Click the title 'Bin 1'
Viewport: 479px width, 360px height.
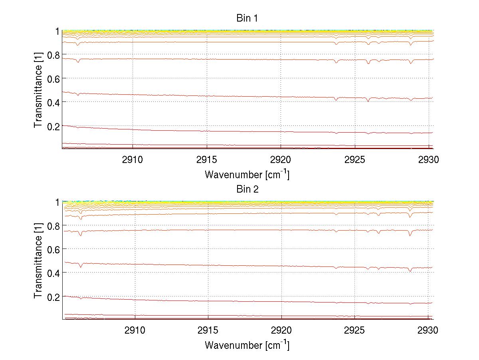(x=247, y=18)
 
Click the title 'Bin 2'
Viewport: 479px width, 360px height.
(x=247, y=189)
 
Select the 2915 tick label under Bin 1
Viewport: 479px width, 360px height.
(x=207, y=159)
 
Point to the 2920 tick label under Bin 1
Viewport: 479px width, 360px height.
(x=281, y=159)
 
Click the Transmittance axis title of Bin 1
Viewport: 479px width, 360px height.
(x=38, y=90)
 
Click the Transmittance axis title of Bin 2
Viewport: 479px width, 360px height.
(x=38, y=261)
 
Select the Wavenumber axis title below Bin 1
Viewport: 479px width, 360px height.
(x=247, y=174)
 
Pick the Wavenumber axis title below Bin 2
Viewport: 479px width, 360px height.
(x=247, y=345)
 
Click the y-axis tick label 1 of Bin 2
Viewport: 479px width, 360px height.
(x=57, y=202)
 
